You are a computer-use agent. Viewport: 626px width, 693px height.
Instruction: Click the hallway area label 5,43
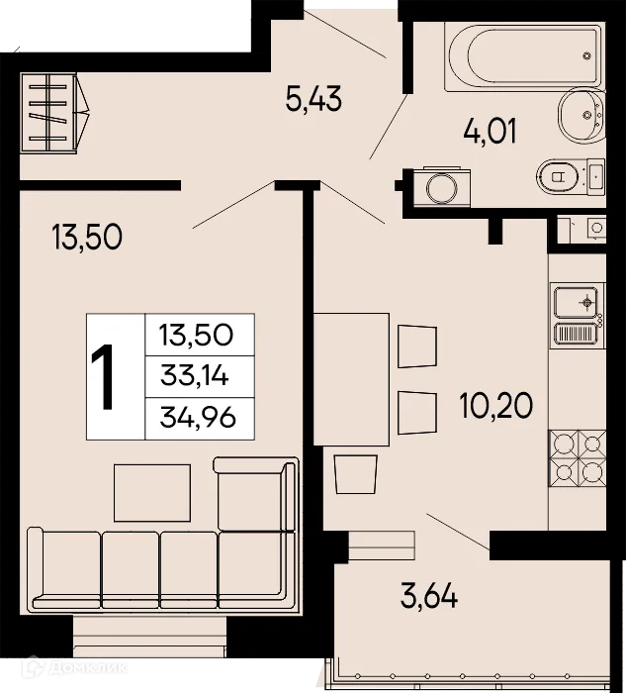(313, 100)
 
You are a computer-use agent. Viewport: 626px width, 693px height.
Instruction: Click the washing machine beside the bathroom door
(435, 184)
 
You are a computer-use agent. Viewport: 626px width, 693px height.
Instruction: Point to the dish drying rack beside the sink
(576, 334)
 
